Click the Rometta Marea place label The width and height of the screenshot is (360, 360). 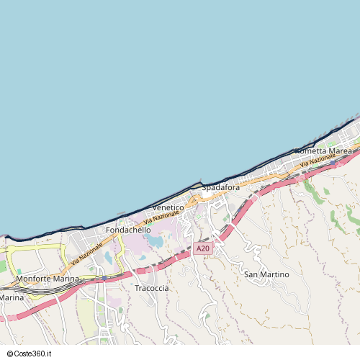click(323, 151)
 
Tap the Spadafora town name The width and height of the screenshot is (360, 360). click(220, 187)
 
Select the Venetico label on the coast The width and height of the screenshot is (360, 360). click(168, 207)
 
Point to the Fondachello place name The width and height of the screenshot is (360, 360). click(128, 230)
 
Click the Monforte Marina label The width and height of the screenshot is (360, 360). click(47, 279)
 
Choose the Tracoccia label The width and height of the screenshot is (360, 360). click(151, 288)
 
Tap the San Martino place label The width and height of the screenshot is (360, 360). click(266, 274)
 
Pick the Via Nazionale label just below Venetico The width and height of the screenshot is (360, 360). click(161, 216)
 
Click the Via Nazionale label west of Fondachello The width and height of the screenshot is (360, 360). click(86, 253)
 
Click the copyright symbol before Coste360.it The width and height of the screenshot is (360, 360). click(9, 354)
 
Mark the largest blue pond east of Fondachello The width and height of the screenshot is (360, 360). click(153, 240)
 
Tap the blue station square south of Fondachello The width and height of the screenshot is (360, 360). click(104, 276)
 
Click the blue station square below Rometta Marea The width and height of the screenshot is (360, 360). click(287, 174)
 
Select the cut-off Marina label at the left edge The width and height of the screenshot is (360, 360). click(12, 297)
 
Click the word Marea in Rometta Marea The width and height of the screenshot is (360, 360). click(339, 151)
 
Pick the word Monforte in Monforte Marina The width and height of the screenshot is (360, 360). click(33, 279)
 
